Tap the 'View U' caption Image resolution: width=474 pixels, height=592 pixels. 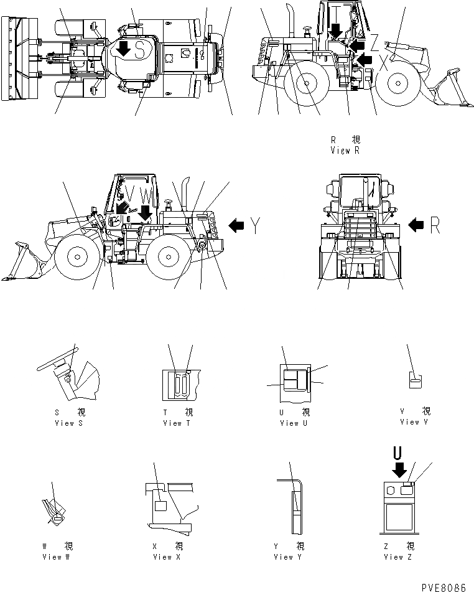(x=290, y=423)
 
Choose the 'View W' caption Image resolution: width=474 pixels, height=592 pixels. (x=56, y=557)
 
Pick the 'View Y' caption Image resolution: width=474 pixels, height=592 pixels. (x=288, y=557)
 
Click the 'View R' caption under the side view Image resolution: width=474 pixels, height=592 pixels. (x=346, y=151)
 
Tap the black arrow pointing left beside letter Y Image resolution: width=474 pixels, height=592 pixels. (x=237, y=226)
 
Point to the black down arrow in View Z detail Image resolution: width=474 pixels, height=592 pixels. (x=399, y=467)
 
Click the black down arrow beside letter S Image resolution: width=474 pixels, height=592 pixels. (x=124, y=49)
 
